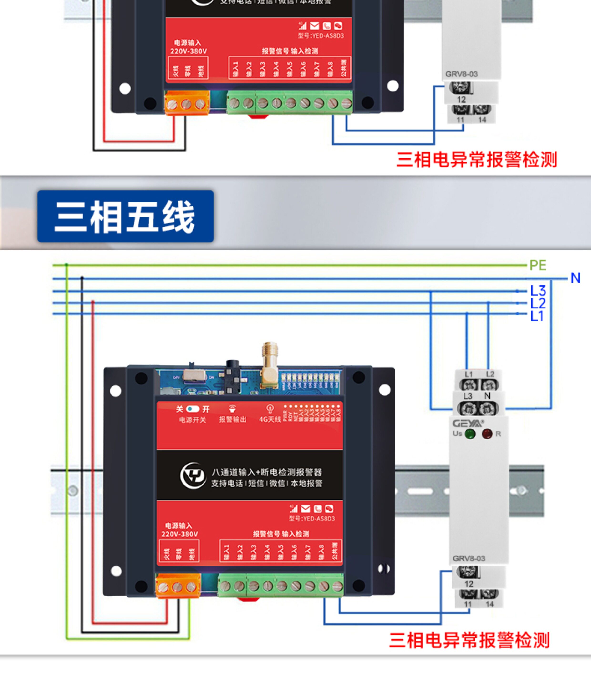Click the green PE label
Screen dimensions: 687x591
point(538,265)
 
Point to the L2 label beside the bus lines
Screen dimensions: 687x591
point(538,303)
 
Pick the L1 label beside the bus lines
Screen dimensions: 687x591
point(537,316)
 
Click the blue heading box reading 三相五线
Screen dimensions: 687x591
point(125,216)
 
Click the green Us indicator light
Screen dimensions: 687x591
point(470,434)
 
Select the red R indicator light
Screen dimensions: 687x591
point(487,434)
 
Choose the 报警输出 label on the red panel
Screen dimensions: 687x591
point(233,419)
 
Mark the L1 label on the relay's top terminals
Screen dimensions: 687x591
point(469,374)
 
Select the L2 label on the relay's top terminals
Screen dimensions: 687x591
point(490,374)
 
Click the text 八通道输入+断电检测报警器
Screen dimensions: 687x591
point(267,472)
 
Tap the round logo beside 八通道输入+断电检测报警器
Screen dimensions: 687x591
point(193,476)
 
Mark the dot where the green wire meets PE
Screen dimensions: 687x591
point(67,265)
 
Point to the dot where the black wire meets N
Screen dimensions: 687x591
point(82,278)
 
